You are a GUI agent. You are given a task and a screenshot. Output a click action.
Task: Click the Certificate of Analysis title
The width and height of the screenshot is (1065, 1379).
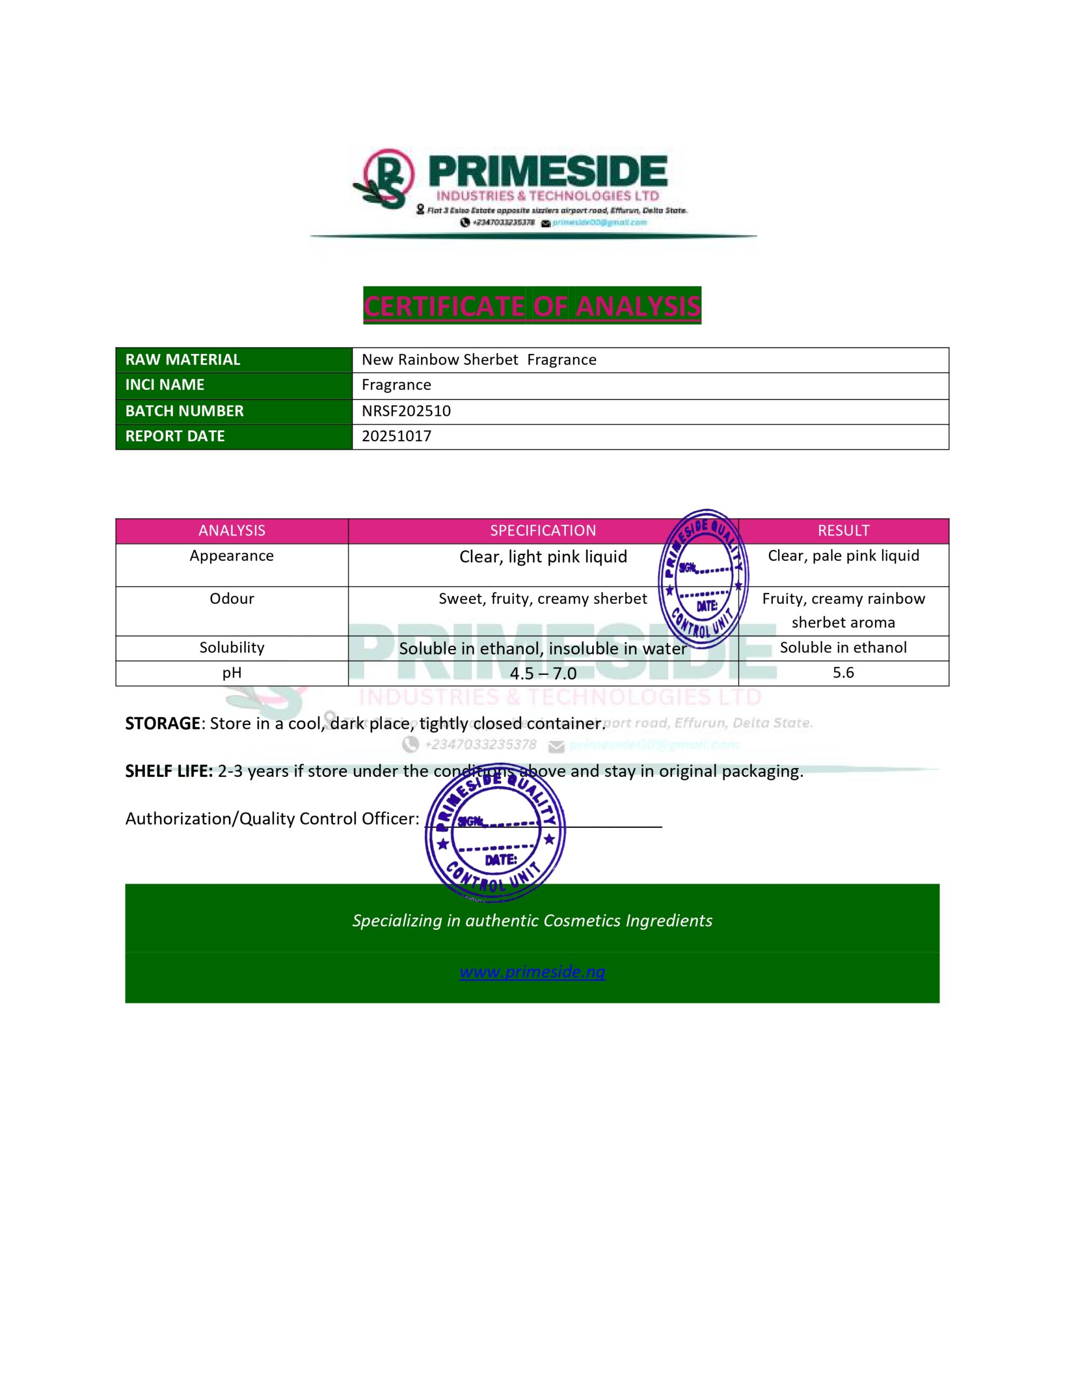531,305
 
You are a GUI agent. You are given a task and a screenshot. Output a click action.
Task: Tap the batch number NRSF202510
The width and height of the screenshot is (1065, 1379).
406,411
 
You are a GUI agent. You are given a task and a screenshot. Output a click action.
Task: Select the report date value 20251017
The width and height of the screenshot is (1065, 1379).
396,436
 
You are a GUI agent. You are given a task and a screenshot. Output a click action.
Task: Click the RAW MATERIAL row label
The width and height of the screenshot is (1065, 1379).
183,360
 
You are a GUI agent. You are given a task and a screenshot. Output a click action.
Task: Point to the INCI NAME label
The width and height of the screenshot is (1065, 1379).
165,385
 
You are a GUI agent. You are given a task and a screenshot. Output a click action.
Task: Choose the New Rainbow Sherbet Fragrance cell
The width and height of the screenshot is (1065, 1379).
479,360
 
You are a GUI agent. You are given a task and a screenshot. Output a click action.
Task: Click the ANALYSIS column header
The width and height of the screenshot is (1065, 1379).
232,531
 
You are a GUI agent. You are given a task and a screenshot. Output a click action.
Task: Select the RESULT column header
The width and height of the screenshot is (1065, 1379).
843,531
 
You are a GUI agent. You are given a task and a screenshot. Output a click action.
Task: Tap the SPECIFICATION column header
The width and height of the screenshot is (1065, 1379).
543,531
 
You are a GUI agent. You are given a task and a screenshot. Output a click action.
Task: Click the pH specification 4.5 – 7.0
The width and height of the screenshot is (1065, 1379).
543,674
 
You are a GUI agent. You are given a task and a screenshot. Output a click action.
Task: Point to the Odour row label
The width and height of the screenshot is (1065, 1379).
232,598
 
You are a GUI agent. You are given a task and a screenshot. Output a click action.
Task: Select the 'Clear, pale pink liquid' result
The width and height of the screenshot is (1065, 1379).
843,556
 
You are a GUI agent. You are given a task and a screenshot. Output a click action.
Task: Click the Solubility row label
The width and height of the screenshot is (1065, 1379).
232,648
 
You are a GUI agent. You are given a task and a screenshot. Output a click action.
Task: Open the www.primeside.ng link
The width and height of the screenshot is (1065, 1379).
531,972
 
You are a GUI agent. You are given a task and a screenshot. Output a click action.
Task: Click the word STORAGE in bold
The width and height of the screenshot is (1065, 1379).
162,723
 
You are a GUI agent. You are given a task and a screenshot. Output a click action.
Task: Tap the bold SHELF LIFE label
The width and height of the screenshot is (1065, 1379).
169,771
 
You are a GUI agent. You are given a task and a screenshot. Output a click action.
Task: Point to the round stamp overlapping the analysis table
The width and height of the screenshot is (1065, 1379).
703,579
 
